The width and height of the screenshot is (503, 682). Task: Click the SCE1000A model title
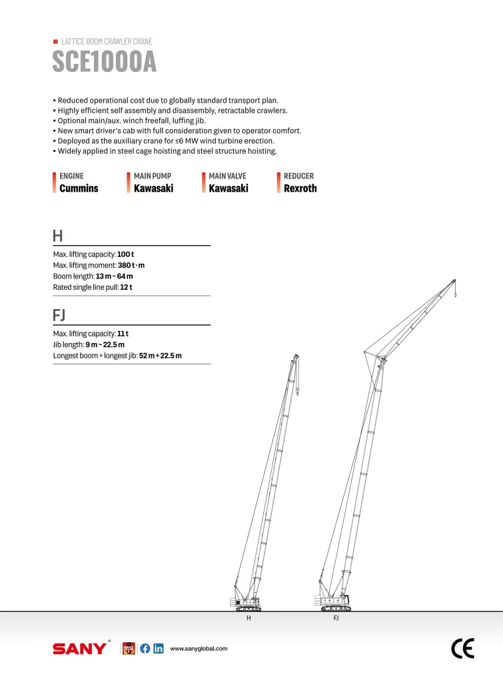coord(104,63)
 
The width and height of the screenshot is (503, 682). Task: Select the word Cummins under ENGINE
coord(79,188)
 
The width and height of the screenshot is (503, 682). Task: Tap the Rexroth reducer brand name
coord(300,188)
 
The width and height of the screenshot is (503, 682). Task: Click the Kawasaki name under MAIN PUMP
coord(153,188)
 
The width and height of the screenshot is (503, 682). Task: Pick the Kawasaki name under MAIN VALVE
coord(229,188)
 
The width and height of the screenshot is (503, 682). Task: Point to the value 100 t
coord(126,254)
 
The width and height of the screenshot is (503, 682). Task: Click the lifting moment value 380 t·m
coord(131,265)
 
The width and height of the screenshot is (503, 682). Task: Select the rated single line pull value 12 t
coord(126,287)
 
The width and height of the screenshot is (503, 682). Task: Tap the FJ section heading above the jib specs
coord(59,314)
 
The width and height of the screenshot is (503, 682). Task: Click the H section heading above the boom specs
coord(58,236)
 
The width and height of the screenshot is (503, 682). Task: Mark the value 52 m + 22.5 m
coord(161,356)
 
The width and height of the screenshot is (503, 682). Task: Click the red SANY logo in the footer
coord(79,649)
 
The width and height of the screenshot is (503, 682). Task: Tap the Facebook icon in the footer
coord(145,649)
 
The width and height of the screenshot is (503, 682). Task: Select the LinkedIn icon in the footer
coord(158,649)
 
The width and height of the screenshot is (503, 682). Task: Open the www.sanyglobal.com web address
coord(199,649)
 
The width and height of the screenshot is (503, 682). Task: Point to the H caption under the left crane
coord(249,619)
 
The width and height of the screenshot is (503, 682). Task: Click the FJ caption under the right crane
coord(336,619)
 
